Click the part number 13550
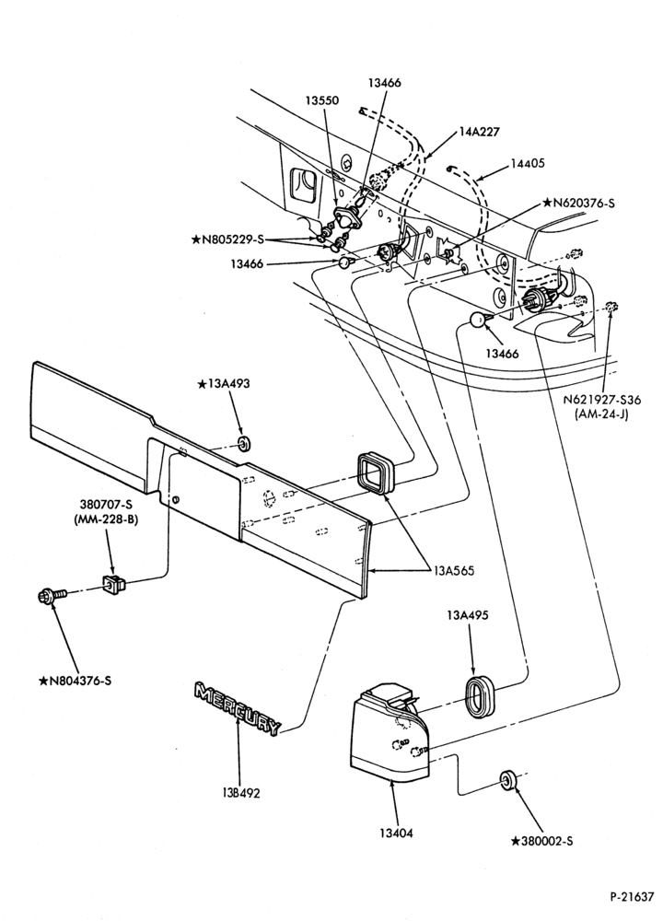321,100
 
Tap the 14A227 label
479,132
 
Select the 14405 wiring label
527,163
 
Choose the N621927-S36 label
602,400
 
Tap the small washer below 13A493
244,442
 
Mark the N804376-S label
75,682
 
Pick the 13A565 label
454,570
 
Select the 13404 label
396,833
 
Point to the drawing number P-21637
632,897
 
